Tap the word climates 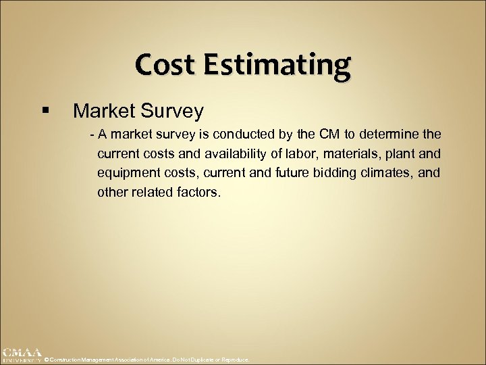coord(391,174)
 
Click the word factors coord(198,193)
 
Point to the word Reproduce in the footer coord(235,360)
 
